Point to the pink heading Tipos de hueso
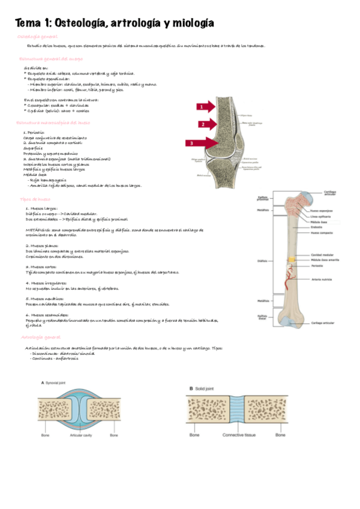tap(35, 199)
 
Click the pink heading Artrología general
tap(40, 337)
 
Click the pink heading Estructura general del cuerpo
tap(51, 59)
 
